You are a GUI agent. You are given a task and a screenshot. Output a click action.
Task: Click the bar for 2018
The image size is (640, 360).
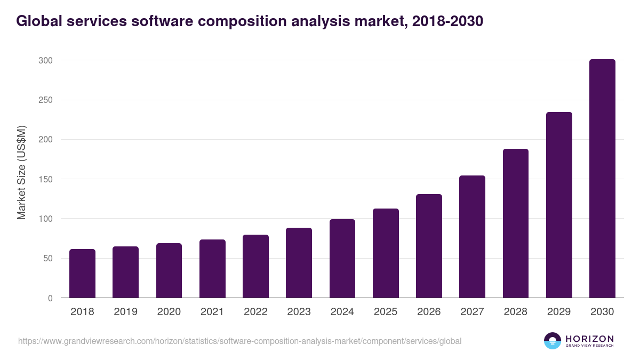pyautogui.click(x=82, y=274)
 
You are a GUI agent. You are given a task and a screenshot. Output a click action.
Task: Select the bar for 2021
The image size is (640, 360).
pyautogui.click(x=212, y=269)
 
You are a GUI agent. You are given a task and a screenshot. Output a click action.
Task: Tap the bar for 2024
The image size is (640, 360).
pyautogui.click(x=342, y=259)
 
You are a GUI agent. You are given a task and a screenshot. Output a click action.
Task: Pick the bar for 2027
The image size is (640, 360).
pyautogui.click(x=472, y=237)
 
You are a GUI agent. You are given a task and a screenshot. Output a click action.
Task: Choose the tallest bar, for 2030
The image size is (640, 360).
pyautogui.click(x=602, y=179)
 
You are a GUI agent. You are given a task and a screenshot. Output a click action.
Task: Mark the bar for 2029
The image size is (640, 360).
pyautogui.click(x=559, y=205)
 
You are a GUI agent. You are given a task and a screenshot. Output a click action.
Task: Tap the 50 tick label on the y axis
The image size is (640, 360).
pyautogui.click(x=47, y=259)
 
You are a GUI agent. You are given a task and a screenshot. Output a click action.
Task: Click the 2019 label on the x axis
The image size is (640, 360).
pyautogui.click(x=125, y=312)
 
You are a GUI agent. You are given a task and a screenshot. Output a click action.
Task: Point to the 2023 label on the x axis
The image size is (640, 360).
pyautogui.click(x=299, y=312)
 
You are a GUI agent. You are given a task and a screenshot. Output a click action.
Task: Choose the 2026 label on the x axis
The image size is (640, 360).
pyautogui.click(x=429, y=312)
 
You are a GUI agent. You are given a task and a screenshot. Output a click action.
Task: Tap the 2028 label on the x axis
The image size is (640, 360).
pyautogui.click(x=515, y=312)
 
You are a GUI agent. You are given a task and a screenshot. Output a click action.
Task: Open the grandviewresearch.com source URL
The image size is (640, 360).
pyautogui.click(x=239, y=341)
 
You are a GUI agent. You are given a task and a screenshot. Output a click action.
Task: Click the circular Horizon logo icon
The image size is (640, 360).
pyautogui.click(x=552, y=341)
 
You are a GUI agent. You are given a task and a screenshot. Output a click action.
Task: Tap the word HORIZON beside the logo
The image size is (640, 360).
pyautogui.click(x=589, y=338)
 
